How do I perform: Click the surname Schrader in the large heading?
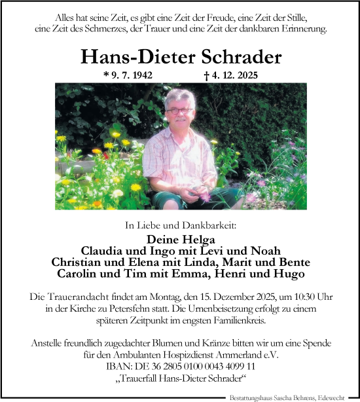coord(238,57)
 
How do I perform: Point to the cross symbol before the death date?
coord(207,75)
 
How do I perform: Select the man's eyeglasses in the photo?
coord(179,111)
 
